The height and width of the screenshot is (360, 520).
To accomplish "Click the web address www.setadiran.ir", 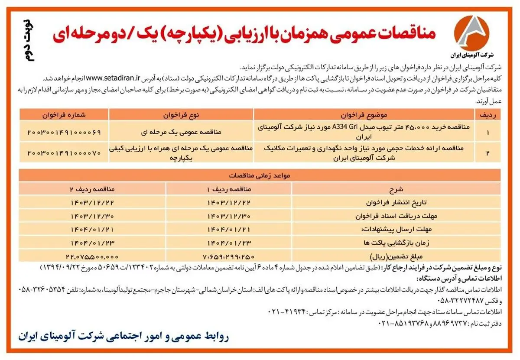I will (114, 78).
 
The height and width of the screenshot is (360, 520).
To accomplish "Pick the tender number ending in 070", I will (64, 152).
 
